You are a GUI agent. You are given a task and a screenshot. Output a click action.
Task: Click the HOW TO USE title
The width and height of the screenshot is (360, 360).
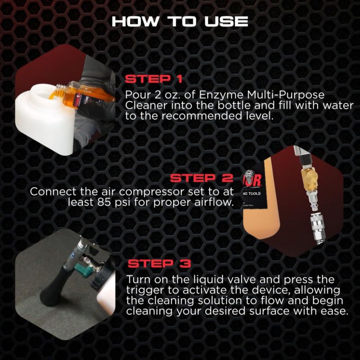click(x=180, y=22)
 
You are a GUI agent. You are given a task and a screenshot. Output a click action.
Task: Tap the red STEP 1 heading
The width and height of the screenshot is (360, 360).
click(x=153, y=79)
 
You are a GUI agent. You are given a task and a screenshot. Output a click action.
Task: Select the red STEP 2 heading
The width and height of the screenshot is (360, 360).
click(x=201, y=178)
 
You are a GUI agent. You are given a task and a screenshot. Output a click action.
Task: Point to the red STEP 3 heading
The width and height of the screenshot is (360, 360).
click(x=159, y=264)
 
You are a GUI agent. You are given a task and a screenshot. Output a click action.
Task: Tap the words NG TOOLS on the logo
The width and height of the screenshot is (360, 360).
click(x=252, y=193)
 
